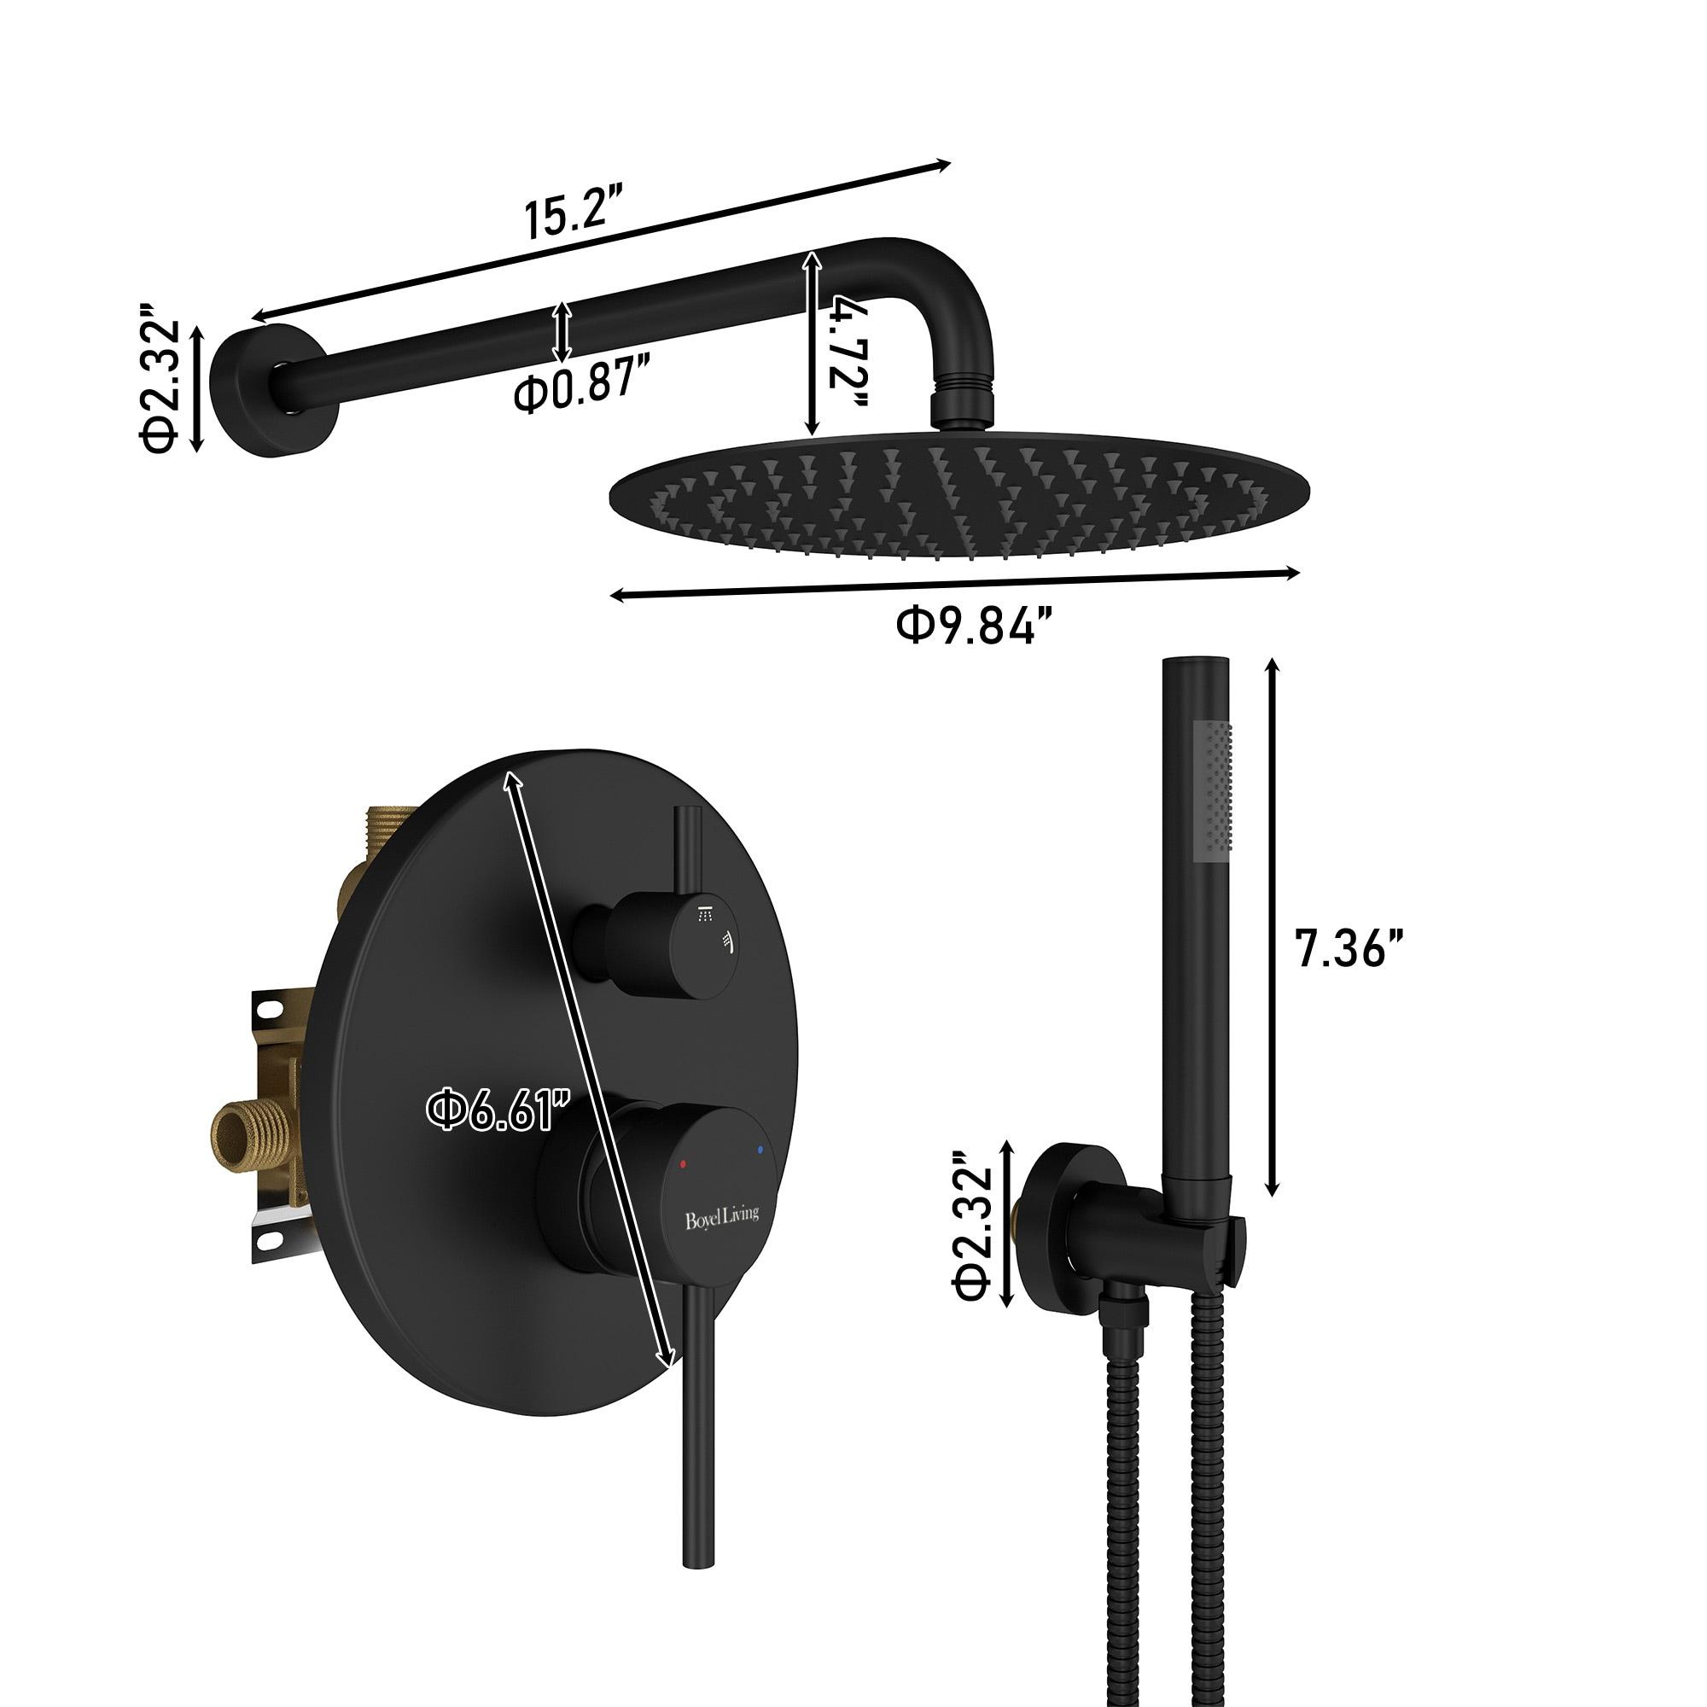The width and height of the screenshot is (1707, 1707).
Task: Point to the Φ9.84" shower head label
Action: (974, 626)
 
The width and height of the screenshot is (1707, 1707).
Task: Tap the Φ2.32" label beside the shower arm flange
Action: (160, 376)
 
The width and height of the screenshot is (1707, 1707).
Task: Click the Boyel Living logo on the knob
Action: (722, 1218)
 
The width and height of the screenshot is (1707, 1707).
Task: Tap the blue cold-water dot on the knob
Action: (759, 1150)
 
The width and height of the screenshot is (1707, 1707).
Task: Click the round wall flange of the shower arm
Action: (270, 391)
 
